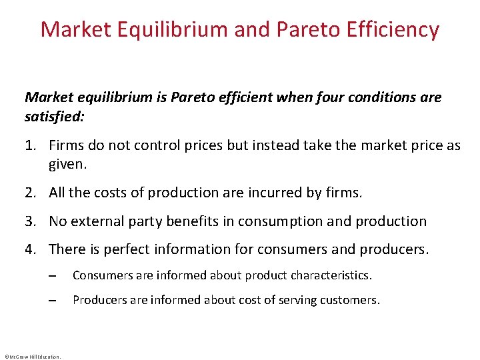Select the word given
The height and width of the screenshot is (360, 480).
click(x=67, y=163)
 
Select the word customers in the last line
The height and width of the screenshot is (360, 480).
click(x=351, y=300)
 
